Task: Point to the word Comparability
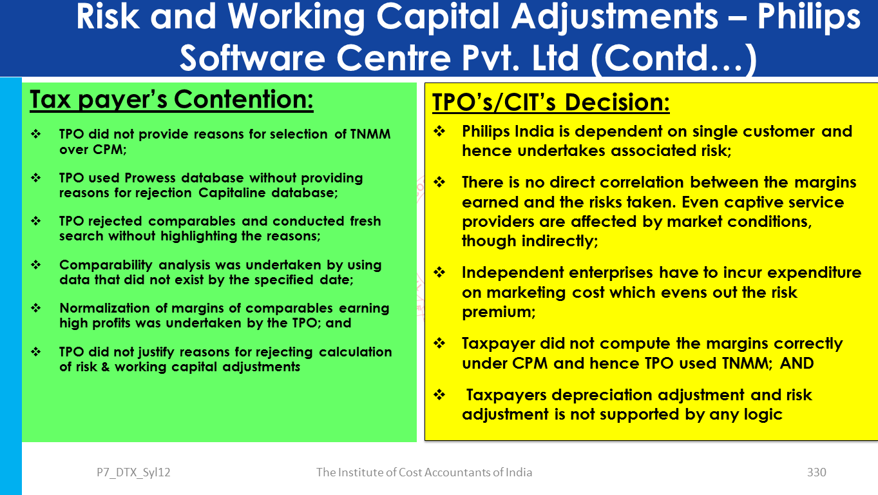click(x=106, y=266)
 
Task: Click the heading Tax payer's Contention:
click(x=172, y=100)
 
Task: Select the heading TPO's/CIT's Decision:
click(x=551, y=102)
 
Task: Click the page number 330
click(x=816, y=472)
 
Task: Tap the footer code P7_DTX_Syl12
click(x=133, y=472)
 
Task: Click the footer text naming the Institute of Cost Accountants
click(x=424, y=472)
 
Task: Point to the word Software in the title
click(x=253, y=58)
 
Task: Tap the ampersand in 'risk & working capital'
click(x=104, y=367)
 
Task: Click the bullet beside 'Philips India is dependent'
click(x=439, y=131)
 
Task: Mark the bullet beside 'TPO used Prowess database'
click(x=36, y=178)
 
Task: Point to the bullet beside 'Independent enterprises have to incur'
click(x=439, y=272)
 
